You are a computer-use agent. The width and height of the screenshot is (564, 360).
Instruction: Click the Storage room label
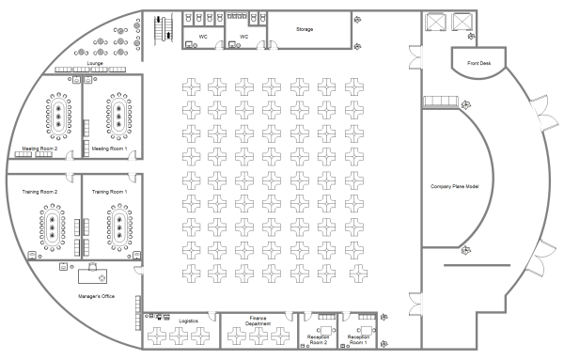[305, 29]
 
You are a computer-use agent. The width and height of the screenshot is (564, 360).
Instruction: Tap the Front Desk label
[478, 63]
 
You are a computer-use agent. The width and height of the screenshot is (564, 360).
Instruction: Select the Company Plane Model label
[455, 186]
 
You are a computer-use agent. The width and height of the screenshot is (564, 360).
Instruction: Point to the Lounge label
[95, 63]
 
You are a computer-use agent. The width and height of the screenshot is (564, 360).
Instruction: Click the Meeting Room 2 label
[39, 149]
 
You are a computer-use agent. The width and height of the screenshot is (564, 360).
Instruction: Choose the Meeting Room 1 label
[109, 149]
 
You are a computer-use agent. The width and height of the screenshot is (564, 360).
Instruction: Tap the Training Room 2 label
[39, 192]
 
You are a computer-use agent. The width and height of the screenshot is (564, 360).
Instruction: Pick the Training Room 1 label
[109, 192]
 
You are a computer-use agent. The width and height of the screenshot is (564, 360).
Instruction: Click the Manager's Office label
[97, 296]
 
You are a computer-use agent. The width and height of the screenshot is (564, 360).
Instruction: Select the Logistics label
[188, 321]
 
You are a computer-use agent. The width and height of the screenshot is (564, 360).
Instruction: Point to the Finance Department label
[258, 321]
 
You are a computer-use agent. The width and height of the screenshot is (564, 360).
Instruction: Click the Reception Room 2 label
[319, 339]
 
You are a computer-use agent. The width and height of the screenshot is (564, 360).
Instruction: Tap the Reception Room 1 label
[358, 339]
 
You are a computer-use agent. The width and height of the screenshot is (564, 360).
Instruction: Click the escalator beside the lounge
[164, 29]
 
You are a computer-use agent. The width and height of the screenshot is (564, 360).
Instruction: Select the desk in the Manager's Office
[92, 276]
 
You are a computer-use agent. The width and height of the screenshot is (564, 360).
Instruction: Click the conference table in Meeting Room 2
[58, 117]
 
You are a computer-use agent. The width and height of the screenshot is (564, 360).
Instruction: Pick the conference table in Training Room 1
[119, 227]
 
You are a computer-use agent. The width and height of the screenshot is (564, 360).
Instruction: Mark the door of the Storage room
[273, 45]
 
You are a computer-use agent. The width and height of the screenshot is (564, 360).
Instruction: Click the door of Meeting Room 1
[133, 155]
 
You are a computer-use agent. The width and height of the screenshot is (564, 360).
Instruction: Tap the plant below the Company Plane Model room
[466, 250]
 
